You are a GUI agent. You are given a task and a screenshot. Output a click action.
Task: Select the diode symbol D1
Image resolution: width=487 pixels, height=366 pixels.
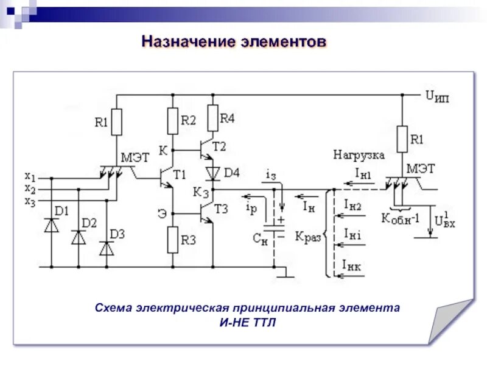(51, 224)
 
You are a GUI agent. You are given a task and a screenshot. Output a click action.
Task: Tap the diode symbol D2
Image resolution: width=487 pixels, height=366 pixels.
(79, 237)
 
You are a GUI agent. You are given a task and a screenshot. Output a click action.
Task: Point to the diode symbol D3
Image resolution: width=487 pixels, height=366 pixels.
(107, 248)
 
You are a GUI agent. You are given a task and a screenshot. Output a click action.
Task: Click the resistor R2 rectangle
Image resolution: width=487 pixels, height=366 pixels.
(173, 121)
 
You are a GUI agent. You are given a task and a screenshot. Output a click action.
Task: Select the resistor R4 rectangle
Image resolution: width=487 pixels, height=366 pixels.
(212, 118)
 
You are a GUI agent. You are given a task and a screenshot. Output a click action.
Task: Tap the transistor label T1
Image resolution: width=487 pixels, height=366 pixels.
(180, 174)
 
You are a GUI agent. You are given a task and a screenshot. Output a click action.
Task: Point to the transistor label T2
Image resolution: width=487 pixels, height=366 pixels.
(219, 146)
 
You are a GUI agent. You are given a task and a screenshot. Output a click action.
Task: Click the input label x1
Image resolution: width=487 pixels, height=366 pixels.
(30, 177)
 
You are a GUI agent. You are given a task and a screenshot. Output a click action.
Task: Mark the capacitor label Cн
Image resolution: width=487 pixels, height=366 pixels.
(260, 239)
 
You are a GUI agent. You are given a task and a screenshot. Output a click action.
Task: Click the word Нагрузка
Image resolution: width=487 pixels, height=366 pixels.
(359, 155)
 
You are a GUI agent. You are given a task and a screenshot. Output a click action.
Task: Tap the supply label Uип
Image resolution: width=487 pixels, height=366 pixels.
(437, 96)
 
